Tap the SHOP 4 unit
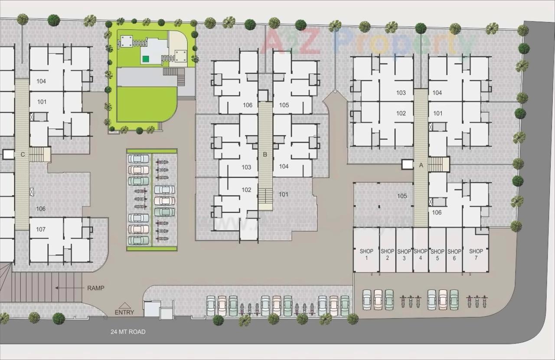click(x=420, y=254)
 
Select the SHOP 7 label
click(x=476, y=254)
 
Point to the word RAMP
click(x=95, y=288)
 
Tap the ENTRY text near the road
click(x=124, y=312)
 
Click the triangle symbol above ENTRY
click(x=124, y=305)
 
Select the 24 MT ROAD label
click(x=128, y=332)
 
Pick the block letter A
click(x=421, y=165)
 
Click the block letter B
click(x=265, y=154)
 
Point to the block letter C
click(x=22, y=154)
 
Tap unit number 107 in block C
click(x=41, y=229)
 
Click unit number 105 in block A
click(x=402, y=196)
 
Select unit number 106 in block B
click(x=248, y=105)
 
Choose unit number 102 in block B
click(x=246, y=190)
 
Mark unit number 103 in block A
click(x=401, y=92)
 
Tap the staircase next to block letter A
click(x=438, y=164)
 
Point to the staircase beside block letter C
click(x=40, y=154)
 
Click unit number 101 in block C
click(x=42, y=102)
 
